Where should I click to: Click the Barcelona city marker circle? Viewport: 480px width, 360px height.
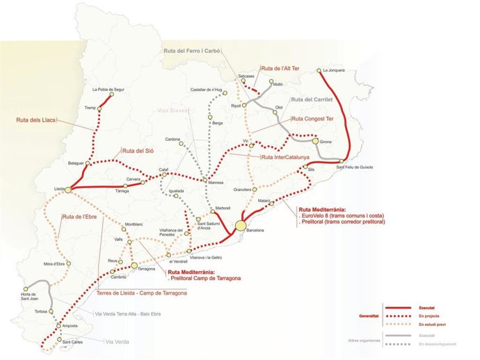tap(240, 226)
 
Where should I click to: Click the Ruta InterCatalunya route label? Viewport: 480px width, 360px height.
tap(285, 157)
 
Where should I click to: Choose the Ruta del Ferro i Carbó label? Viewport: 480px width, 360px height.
tap(193, 51)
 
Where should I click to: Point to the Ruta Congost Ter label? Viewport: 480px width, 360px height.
tap(314, 119)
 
